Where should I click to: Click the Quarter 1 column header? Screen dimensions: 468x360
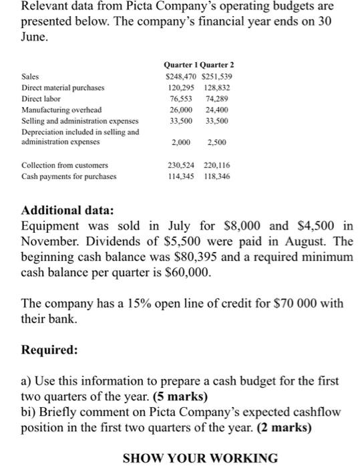pos(181,65)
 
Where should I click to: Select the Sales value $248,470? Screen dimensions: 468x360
pos(180,76)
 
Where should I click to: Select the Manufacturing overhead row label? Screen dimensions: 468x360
pos(61,109)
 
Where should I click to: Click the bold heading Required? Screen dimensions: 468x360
pos(49,350)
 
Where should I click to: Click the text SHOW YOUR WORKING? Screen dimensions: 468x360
pos(200,458)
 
